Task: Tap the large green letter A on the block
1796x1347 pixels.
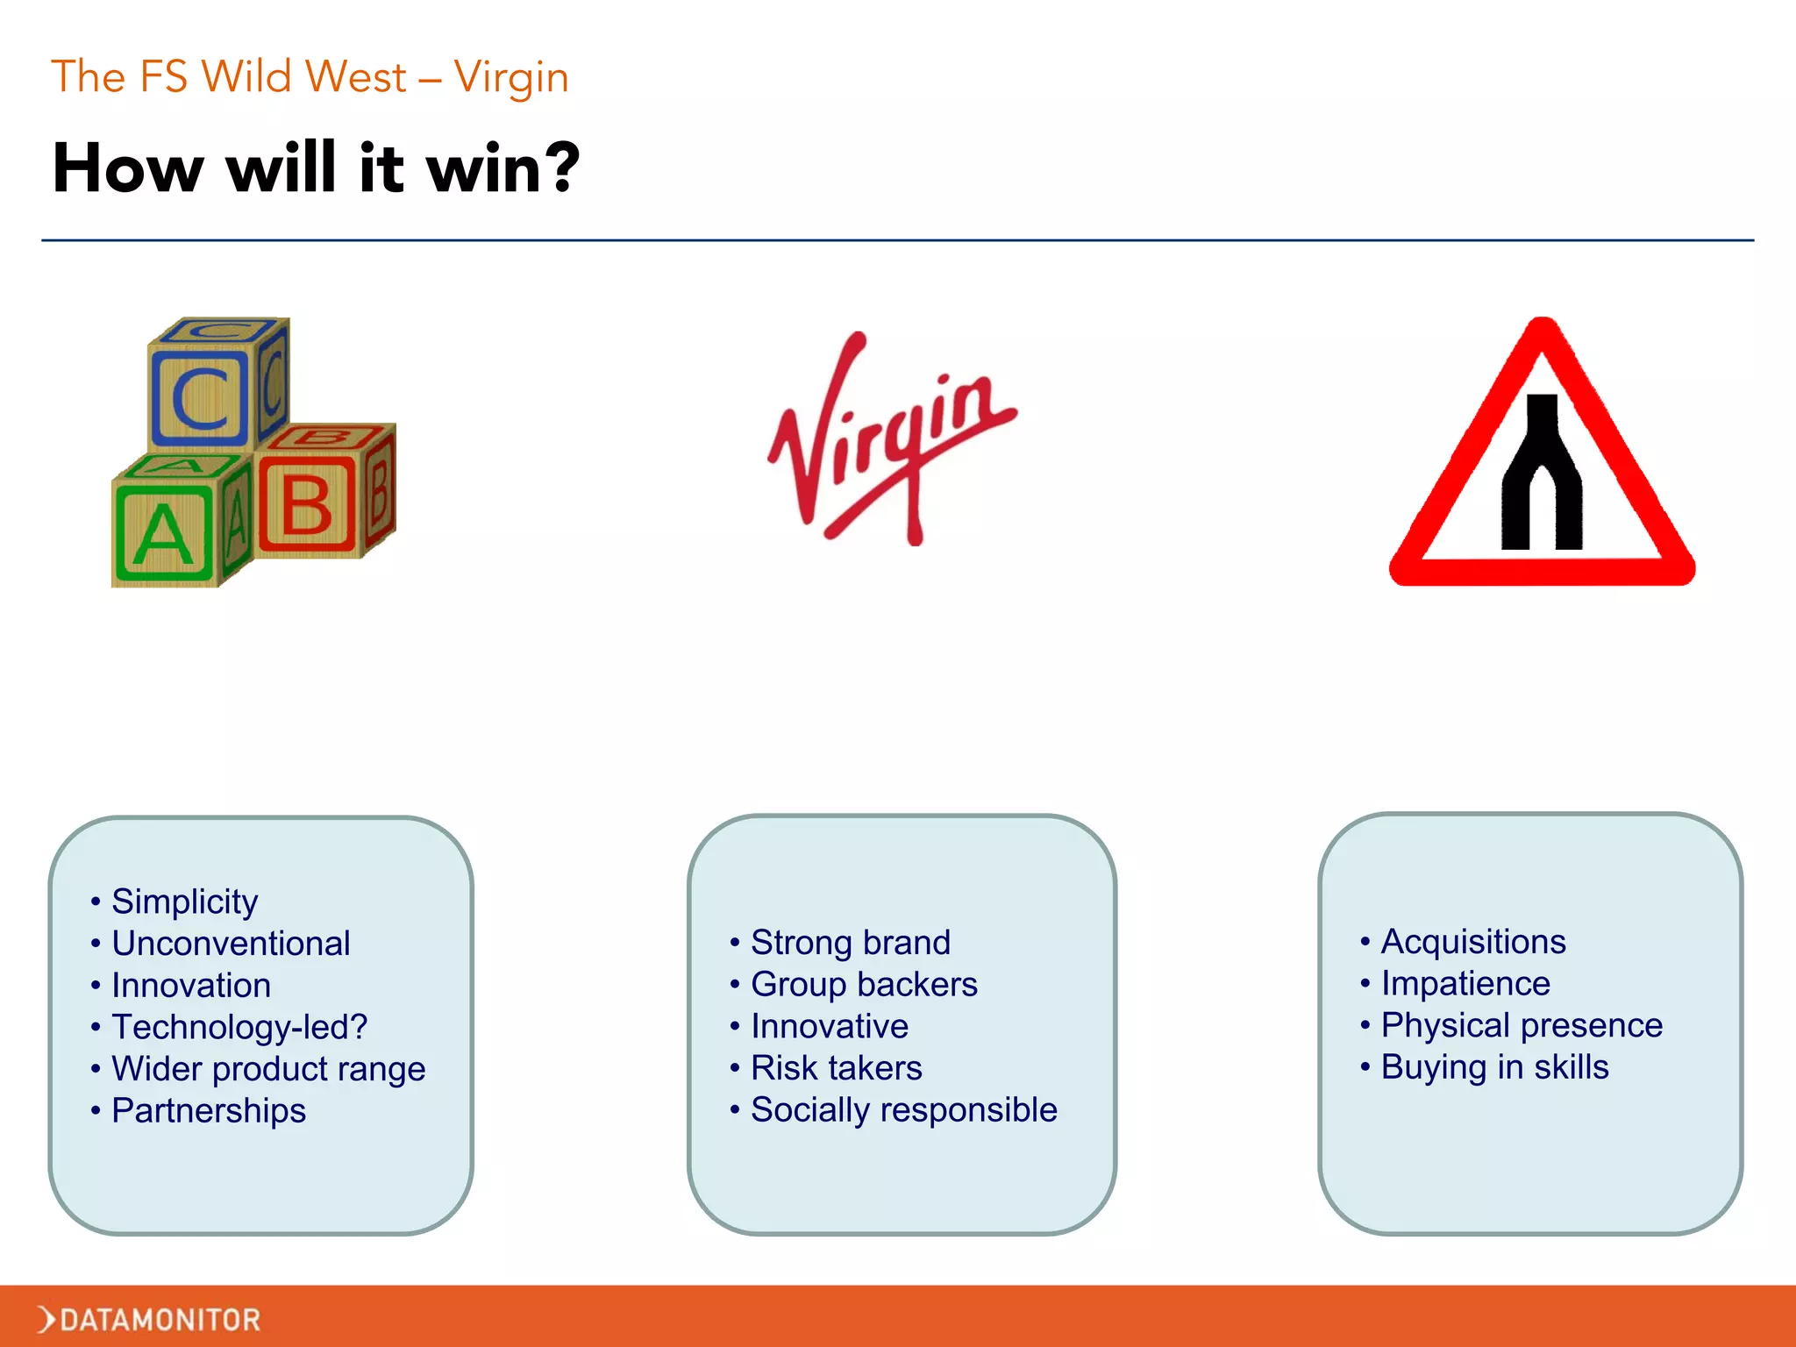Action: point(162,536)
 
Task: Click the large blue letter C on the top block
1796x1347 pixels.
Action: point(201,399)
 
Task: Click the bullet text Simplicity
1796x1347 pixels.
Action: point(185,902)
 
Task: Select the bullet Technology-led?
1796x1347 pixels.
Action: point(239,1027)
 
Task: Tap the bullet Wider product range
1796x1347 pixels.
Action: point(268,1069)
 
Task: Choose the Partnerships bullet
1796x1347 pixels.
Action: point(209,1111)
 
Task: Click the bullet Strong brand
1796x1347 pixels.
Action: point(851,943)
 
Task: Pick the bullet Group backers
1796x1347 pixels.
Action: point(864,985)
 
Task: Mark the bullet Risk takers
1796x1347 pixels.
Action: point(837,1068)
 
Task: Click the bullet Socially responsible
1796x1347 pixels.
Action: point(904,1110)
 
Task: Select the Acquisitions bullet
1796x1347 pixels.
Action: point(1473,942)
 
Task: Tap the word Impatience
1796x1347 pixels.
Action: point(1465,984)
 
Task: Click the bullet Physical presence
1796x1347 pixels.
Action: point(1522,1025)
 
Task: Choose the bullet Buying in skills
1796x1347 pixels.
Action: point(1494,1067)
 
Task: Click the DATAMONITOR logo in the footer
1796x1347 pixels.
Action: point(149,1319)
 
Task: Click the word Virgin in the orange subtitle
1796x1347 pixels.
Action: point(511,77)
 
